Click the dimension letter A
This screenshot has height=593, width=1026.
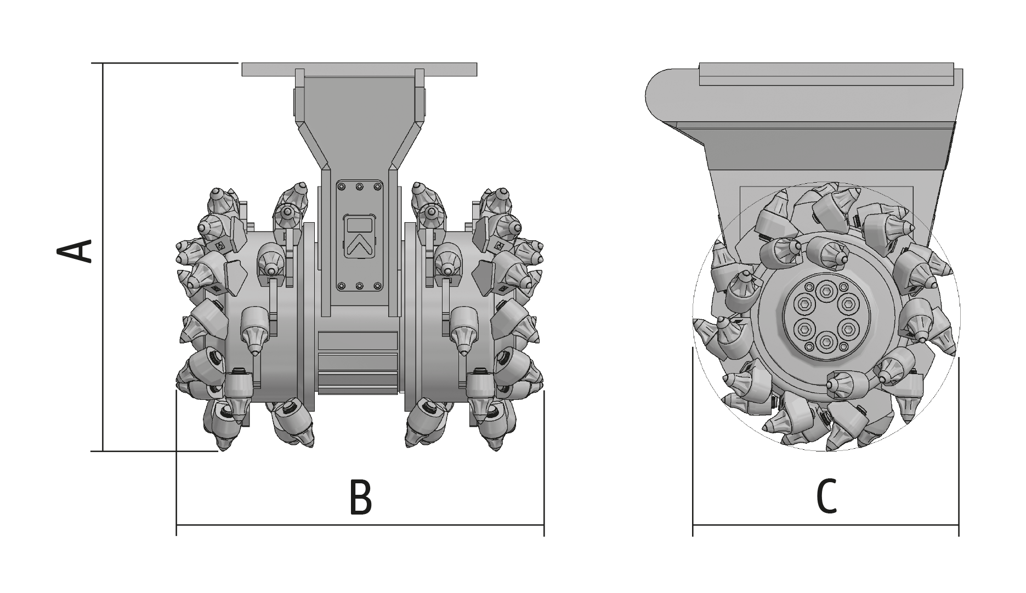75,251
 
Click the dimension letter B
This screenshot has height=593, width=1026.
360,498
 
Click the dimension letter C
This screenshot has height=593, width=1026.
826,497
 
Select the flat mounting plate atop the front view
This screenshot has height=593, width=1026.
359,69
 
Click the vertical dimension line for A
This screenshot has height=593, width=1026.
103,257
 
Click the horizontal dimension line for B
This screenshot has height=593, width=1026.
360,525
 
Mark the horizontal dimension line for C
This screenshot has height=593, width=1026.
826,525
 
